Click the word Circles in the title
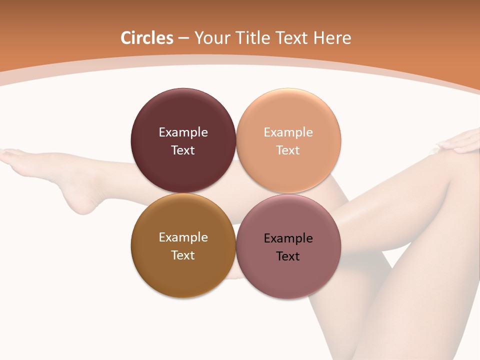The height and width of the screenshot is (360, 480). click(x=147, y=38)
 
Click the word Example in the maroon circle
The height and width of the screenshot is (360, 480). click(x=183, y=132)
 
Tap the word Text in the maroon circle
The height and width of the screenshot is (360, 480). click(x=183, y=150)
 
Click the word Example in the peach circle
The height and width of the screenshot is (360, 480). click(x=288, y=132)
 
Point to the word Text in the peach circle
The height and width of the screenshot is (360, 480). click(x=288, y=150)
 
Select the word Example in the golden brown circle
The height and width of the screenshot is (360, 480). click(x=183, y=237)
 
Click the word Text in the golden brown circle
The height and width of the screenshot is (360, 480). click(x=183, y=255)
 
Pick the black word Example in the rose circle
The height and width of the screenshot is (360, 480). click(x=288, y=238)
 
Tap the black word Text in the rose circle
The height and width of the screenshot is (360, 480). click(x=288, y=256)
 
